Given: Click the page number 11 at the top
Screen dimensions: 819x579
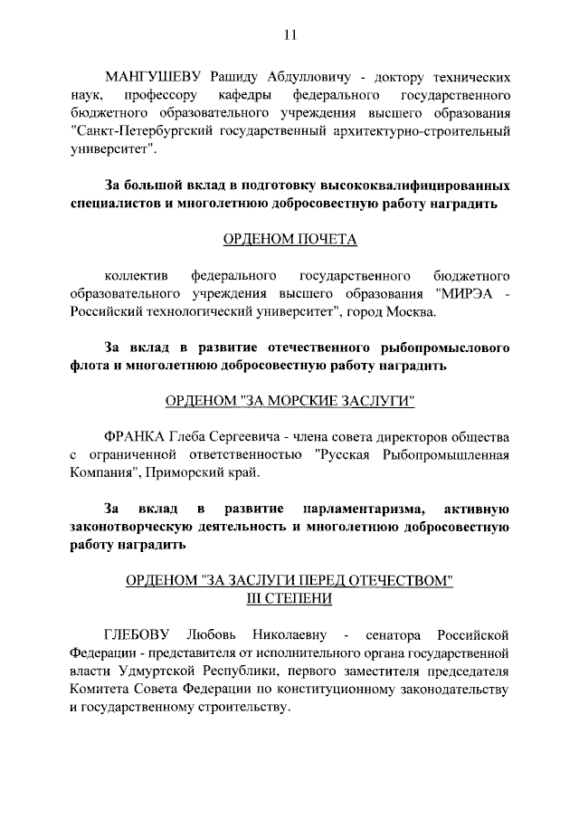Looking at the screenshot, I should [x=289, y=35].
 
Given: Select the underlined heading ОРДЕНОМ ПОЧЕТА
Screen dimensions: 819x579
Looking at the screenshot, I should [x=289, y=240].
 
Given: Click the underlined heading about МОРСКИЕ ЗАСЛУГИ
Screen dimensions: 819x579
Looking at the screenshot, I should [x=289, y=402].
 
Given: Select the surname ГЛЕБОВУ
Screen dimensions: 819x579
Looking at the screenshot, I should [x=138, y=633].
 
